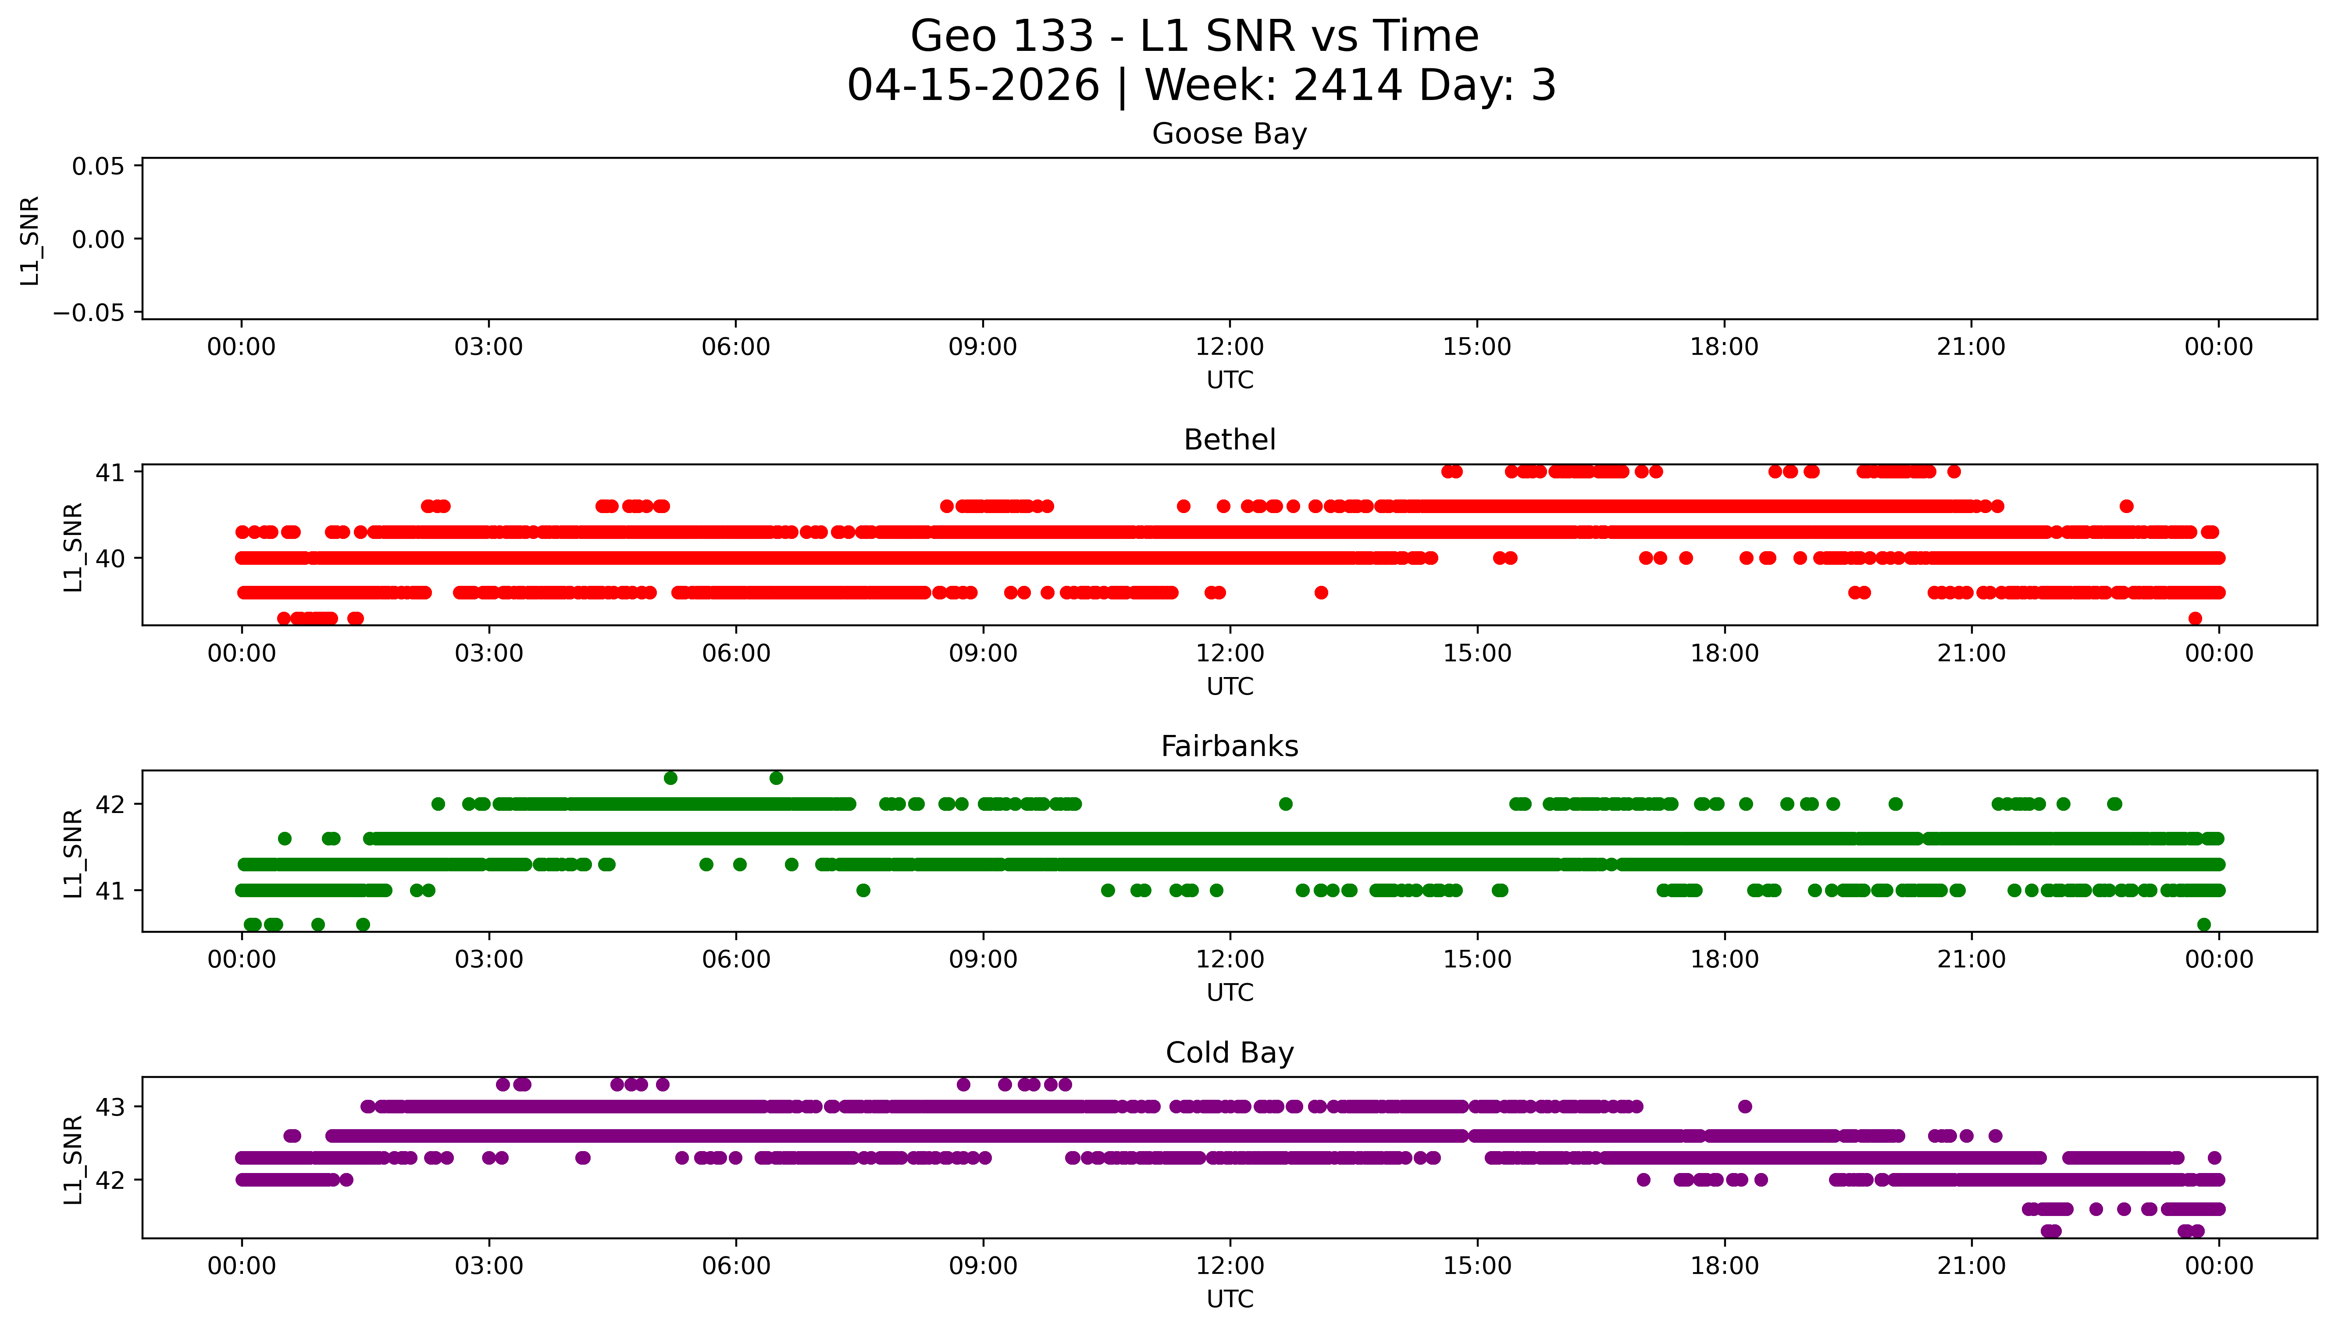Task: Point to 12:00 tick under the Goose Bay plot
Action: click(x=1229, y=347)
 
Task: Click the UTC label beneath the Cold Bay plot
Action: click(x=1229, y=1299)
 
